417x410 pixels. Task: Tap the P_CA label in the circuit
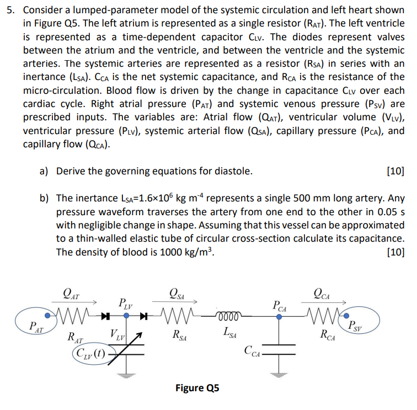(x=280, y=305)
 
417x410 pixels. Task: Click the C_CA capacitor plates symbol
(x=280, y=349)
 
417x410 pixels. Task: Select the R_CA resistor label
(x=328, y=334)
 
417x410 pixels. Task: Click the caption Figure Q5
(x=197, y=388)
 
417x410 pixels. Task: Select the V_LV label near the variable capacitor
(x=117, y=334)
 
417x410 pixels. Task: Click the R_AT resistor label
(x=76, y=336)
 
